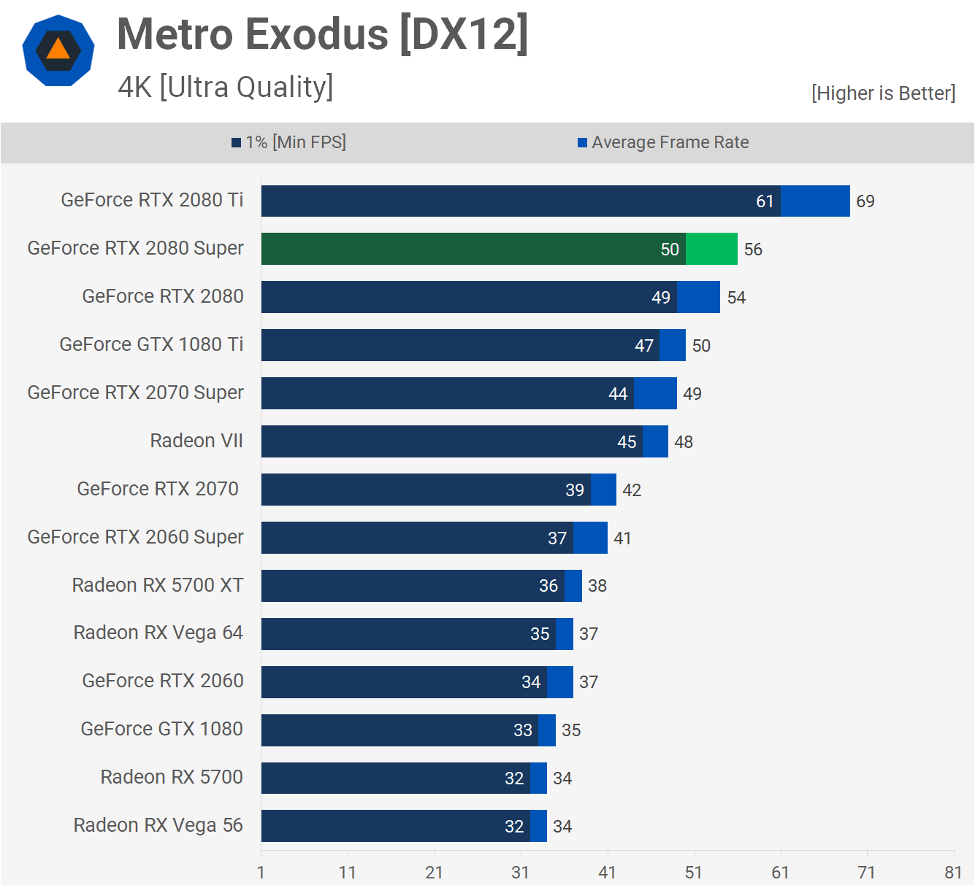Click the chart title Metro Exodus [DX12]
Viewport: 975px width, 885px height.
pos(322,34)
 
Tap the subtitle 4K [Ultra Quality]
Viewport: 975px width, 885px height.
pos(225,87)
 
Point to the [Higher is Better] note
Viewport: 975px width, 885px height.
pos(883,93)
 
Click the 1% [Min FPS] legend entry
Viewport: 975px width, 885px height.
pos(289,142)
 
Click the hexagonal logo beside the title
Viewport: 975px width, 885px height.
pos(58,50)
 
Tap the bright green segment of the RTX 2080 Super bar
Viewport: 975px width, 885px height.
pos(711,249)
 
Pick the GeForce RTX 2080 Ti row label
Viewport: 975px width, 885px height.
pos(152,200)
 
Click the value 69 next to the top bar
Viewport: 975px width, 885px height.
pos(865,201)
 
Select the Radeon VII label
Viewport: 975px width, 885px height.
pos(196,441)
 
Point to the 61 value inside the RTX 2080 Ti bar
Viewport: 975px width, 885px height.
pos(765,201)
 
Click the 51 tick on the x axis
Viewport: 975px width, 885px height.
pos(694,872)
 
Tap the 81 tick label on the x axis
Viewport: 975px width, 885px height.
pos(953,872)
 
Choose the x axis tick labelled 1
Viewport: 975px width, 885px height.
pos(261,872)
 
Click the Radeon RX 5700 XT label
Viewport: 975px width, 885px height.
pos(158,585)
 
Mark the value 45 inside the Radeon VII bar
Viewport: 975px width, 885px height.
pos(627,442)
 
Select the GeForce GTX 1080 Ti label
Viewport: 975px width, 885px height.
pos(151,344)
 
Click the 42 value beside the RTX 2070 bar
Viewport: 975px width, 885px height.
pos(632,490)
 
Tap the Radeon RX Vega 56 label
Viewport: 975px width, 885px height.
pos(158,825)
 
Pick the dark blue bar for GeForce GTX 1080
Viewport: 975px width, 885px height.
pos(399,730)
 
